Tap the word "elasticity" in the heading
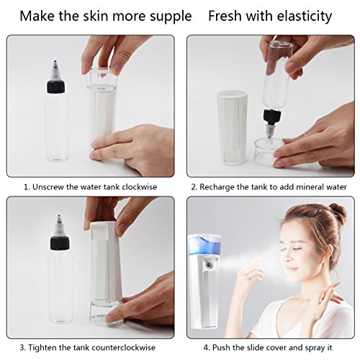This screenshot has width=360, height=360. coord(305,17)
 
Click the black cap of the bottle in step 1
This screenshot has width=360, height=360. coord(55,87)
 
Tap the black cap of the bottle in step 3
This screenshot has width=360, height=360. coord(60,243)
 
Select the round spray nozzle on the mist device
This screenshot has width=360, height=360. coord(210,265)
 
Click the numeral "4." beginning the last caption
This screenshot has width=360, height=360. coord(207,347)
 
